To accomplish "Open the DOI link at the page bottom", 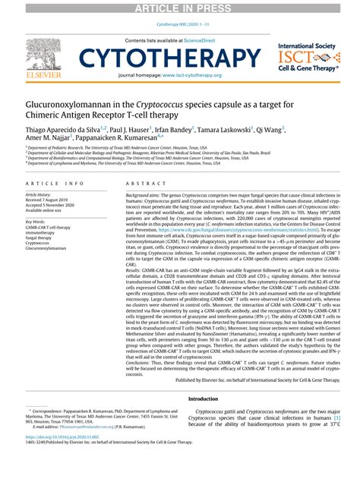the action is click(x=59, y=459).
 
